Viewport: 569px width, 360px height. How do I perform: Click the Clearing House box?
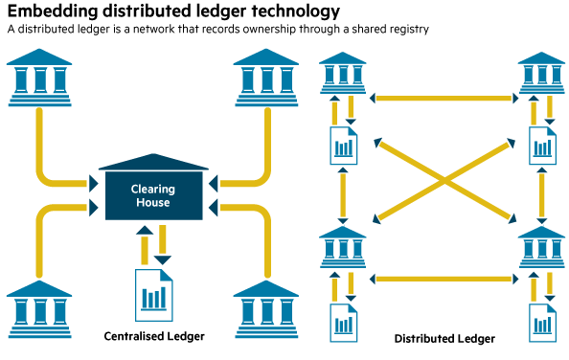154,195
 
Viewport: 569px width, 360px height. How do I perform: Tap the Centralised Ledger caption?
154,336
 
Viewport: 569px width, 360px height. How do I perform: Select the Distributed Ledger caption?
444,338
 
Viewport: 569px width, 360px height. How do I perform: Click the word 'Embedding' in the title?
53,11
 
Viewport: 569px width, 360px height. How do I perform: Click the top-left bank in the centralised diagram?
39,78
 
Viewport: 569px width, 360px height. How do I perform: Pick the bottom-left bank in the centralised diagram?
39,309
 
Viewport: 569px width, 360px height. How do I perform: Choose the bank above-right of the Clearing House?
266,78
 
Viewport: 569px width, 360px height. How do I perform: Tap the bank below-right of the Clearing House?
266,309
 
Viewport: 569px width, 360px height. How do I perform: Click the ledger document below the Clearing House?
154,295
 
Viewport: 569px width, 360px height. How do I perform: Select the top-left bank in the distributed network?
343,73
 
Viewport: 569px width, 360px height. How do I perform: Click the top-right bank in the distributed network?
542,73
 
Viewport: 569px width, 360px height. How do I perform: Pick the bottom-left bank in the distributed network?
343,247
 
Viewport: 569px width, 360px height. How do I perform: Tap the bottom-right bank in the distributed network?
542,247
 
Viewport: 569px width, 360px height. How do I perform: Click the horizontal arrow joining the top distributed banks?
444,98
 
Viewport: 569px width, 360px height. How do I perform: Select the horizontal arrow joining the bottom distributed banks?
444,279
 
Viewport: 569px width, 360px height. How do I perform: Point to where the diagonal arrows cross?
444,180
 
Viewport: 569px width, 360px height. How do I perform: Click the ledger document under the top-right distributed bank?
543,146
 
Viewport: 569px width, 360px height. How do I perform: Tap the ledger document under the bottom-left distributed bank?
344,323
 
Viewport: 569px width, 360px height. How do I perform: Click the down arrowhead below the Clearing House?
163,259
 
